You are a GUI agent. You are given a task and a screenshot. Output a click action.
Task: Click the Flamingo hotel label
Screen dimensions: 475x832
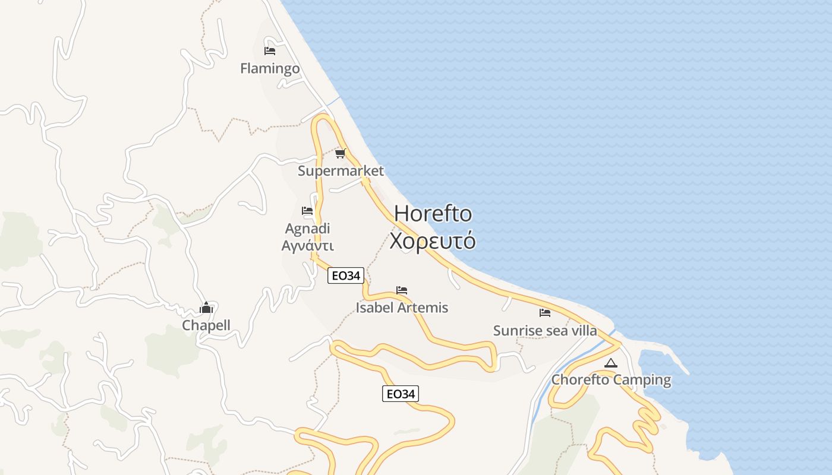270,69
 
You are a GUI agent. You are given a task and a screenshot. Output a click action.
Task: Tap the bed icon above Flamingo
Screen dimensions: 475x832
270,51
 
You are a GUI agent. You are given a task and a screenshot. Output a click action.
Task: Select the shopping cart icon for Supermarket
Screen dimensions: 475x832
341,154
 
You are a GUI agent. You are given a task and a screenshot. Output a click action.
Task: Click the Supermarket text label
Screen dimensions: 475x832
341,172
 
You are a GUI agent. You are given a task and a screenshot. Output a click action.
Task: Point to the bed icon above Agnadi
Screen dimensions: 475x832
307,211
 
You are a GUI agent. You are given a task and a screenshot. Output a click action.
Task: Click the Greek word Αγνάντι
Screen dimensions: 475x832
307,245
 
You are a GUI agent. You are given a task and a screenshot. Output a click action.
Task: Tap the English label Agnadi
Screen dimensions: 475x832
307,229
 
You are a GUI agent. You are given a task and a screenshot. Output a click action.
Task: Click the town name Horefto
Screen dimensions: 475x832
433,214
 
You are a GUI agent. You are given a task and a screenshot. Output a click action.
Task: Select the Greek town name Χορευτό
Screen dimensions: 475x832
433,241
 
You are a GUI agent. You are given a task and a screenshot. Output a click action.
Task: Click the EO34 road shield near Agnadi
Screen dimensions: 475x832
345,275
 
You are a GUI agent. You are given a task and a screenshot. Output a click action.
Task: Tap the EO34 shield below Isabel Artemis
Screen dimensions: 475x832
400,394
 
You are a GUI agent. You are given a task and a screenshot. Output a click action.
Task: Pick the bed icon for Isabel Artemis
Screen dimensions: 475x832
402,290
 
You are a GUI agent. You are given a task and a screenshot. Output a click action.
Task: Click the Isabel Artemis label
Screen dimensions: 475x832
402,308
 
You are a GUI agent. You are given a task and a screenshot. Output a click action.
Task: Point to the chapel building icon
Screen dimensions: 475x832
206,308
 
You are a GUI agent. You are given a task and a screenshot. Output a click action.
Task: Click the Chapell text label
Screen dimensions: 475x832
206,325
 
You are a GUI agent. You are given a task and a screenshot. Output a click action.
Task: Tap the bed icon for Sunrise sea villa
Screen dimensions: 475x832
545,313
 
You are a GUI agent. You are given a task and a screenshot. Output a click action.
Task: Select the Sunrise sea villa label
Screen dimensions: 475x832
545,331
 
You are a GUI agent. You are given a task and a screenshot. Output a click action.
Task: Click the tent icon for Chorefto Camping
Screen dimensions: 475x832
611,363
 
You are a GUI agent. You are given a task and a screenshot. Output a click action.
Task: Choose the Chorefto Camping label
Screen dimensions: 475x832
611,380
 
